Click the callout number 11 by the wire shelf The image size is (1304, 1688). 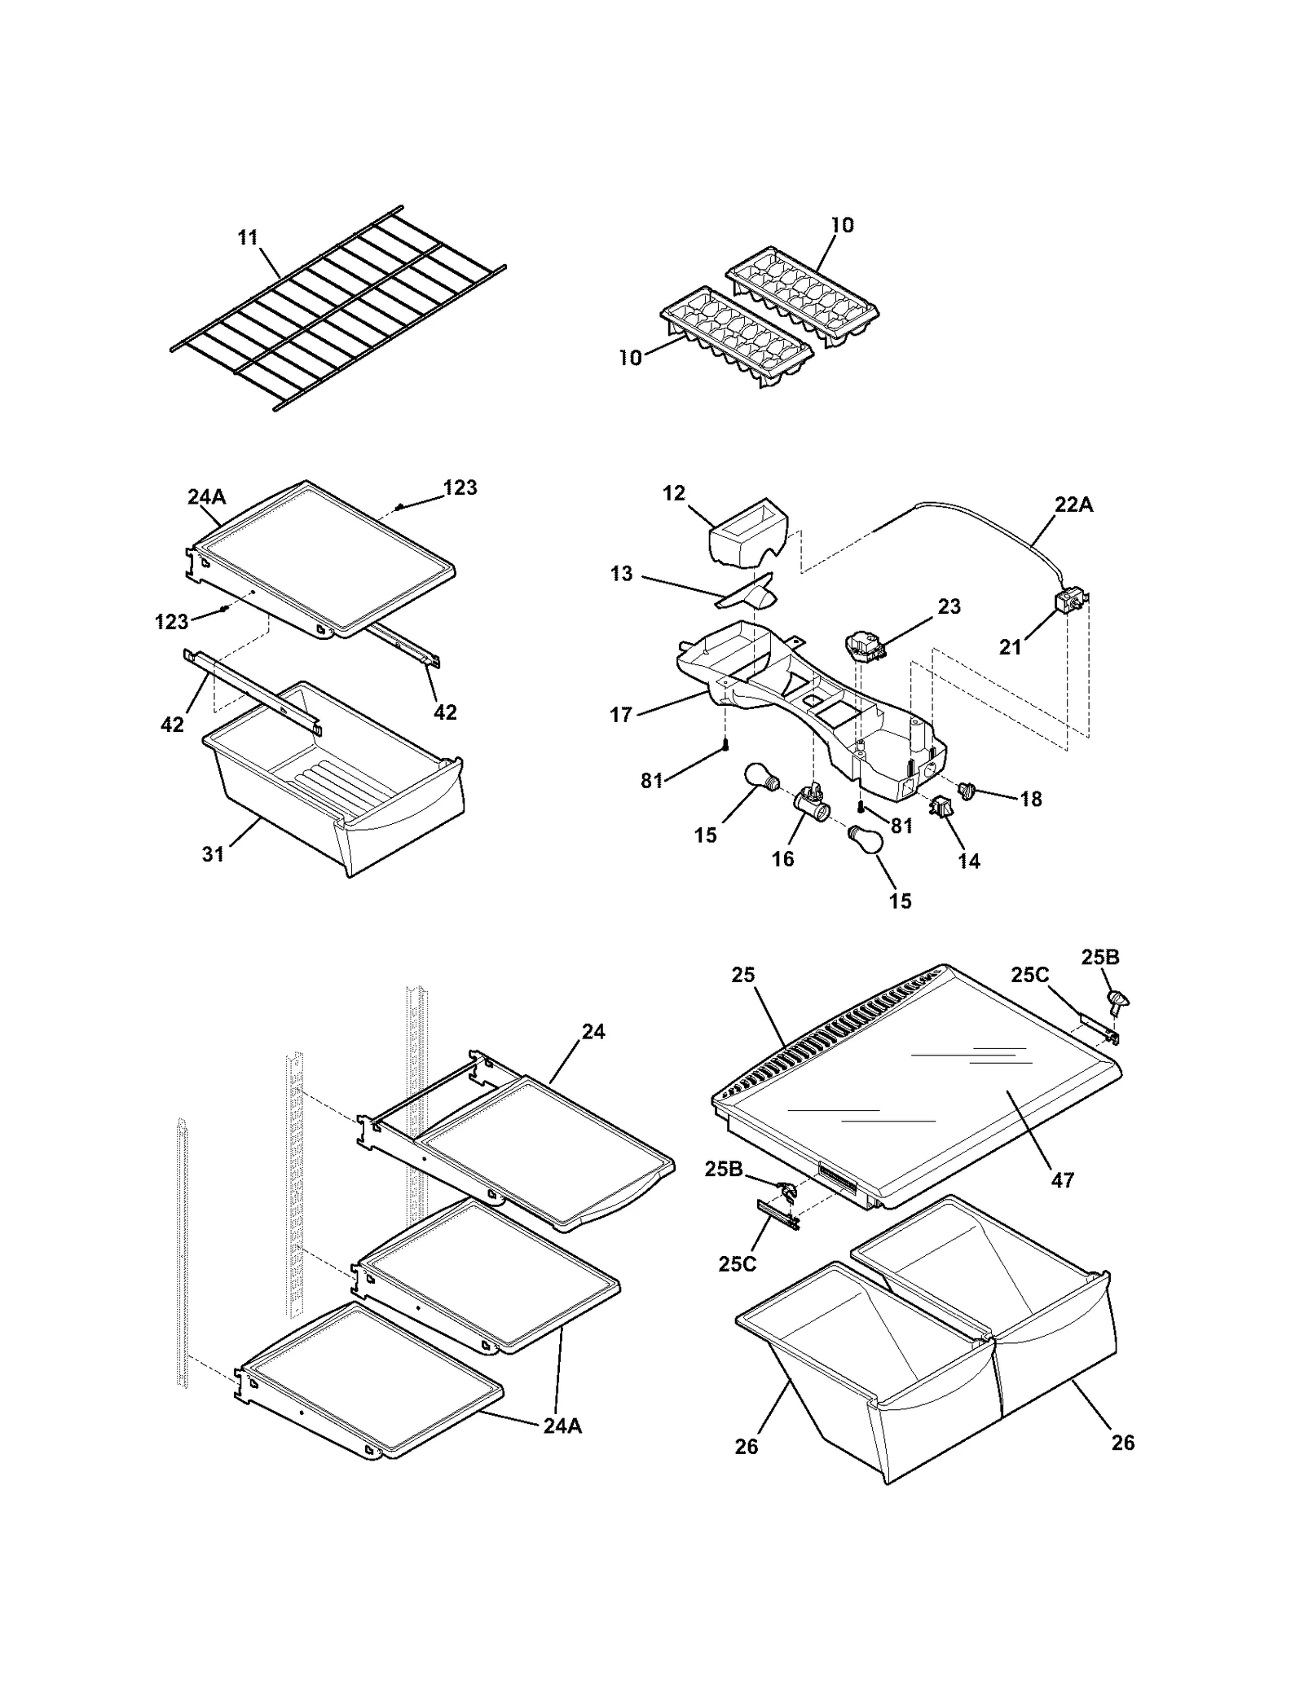[x=248, y=237]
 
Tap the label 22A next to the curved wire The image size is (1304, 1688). [x=1073, y=505]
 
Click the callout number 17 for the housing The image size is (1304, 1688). [x=621, y=715]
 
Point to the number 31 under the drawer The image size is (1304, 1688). [x=213, y=853]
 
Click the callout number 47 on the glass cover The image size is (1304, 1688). [x=1063, y=1179]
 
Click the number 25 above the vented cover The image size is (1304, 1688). [x=743, y=975]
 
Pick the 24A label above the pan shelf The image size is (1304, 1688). [x=206, y=496]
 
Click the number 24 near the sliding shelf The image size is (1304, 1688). [x=593, y=1031]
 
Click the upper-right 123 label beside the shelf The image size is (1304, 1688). [x=460, y=487]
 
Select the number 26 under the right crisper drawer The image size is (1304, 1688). [x=1122, y=1443]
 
